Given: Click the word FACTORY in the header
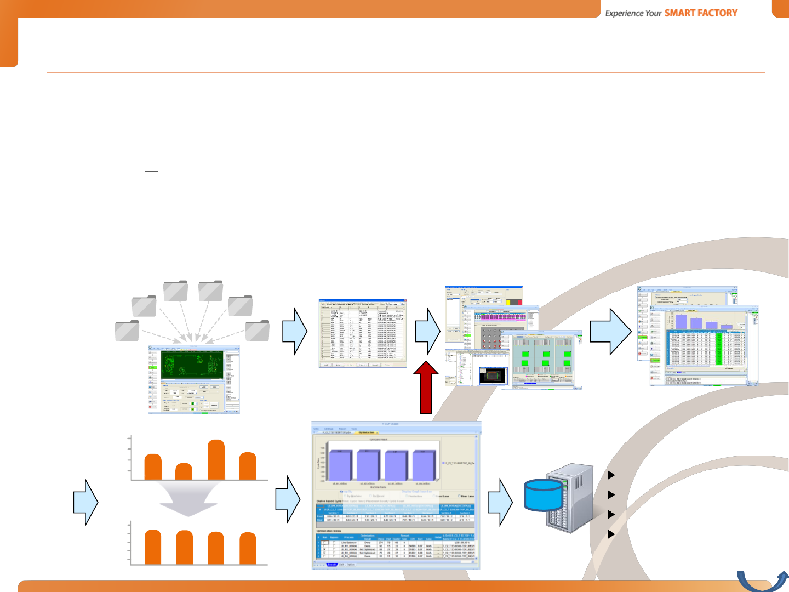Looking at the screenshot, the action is (x=713, y=13).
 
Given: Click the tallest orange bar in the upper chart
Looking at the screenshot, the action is (x=216, y=459).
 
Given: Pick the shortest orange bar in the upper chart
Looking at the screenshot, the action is (x=184, y=471).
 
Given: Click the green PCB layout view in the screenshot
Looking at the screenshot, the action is (x=192, y=365).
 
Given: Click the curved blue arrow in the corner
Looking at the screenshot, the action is (x=762, y=580).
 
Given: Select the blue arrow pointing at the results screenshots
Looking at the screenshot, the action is (x=610, y=331).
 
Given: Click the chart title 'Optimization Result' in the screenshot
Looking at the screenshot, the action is (x=375, y=440).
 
